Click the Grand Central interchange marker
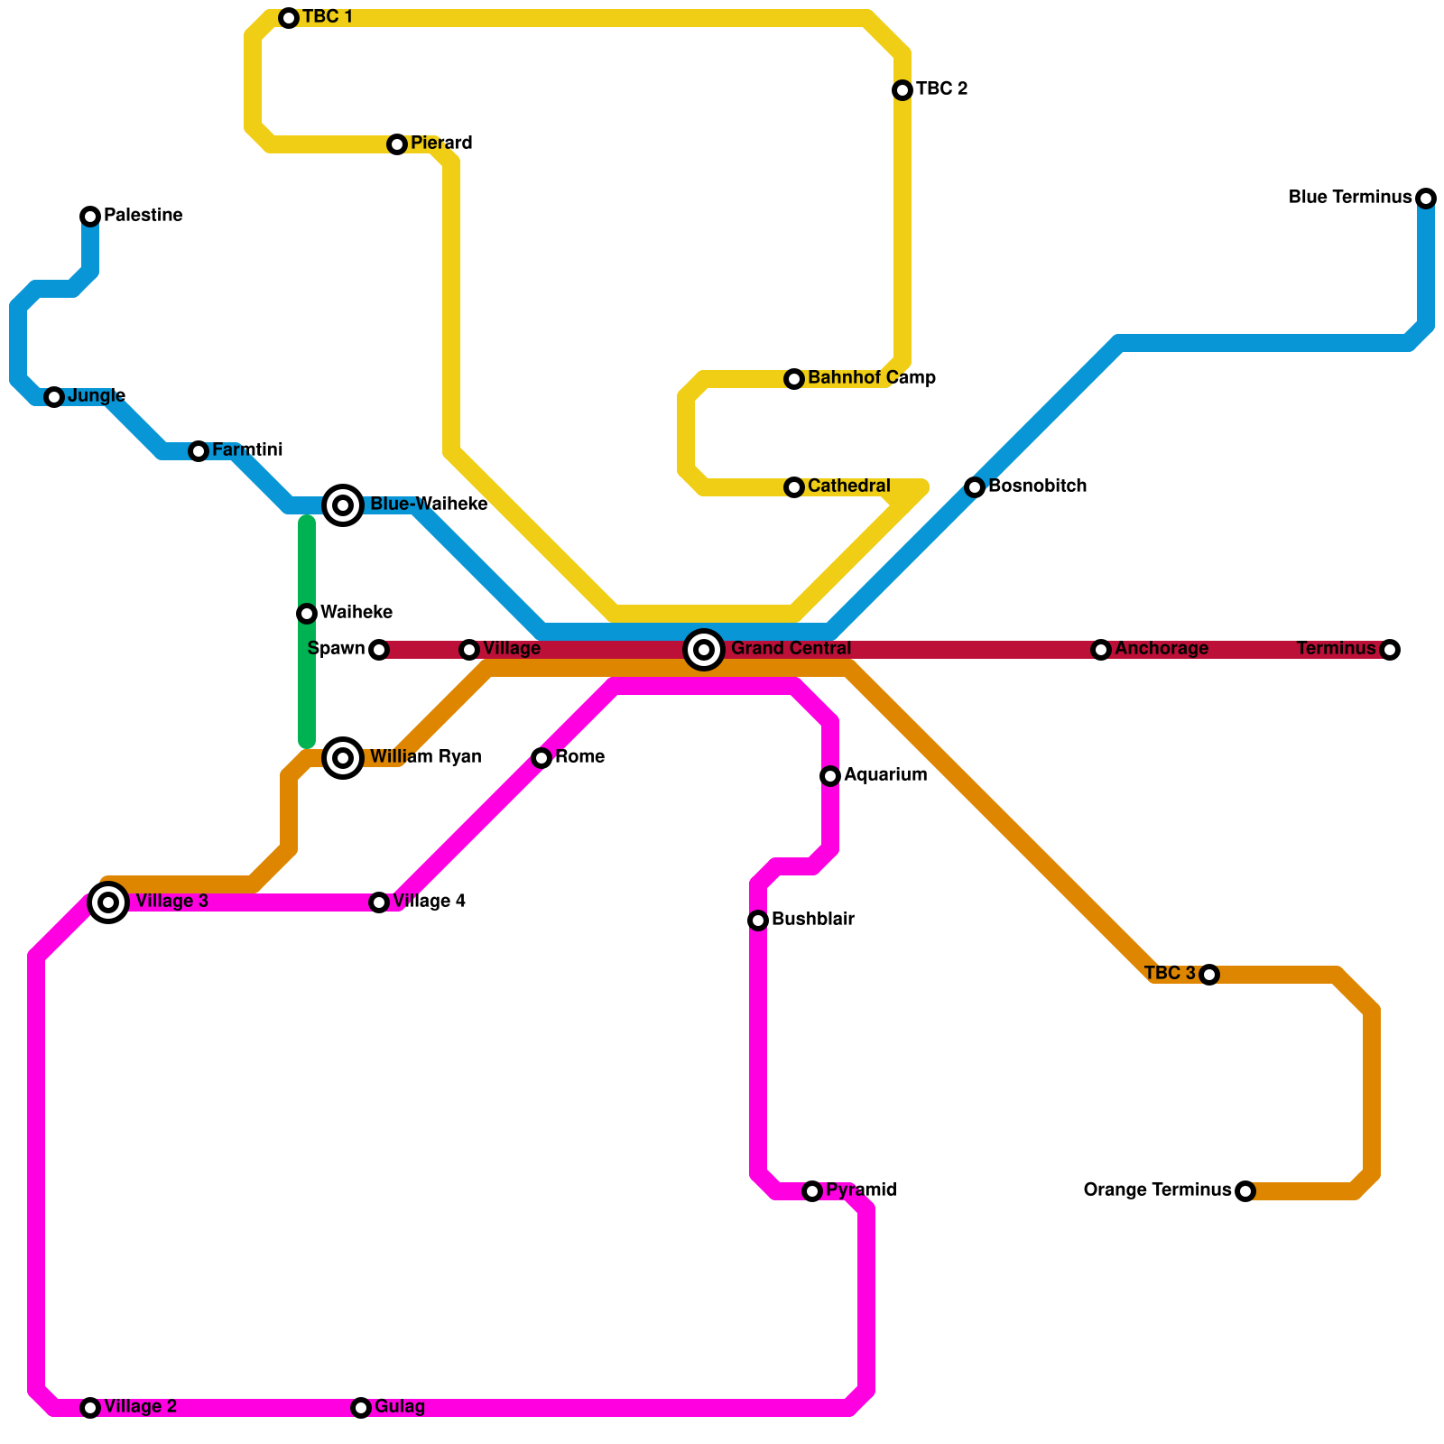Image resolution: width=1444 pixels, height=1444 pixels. coord(704,650)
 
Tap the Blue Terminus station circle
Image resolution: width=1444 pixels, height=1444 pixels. coord(1426,199)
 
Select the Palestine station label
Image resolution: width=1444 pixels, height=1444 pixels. coord(143,216)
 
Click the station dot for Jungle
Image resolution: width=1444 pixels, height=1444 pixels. coord(54,397)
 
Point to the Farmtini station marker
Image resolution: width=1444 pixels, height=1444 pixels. coord(199,451)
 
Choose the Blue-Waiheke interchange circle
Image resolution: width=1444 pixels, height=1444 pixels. coord(343,505)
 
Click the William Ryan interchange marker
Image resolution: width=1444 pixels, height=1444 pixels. coord(343,758)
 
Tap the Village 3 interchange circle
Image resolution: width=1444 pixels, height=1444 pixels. coord(108,902)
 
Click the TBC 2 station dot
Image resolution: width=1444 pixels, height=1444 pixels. coord(902,90)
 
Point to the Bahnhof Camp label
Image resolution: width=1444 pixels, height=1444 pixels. coord(871,378)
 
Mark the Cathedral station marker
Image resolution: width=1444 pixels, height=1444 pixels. coord(794,487)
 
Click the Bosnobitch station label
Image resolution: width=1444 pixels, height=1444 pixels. coord(1037,486)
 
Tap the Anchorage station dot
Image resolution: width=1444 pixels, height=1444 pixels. coord(1101,650)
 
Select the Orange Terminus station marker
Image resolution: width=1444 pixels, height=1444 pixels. coord(1245,1191)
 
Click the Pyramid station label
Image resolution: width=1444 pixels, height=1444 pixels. coord(860,1190)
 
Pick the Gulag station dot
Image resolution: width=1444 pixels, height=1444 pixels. coord(361,1408)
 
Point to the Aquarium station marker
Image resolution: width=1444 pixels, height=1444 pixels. coord(830,776)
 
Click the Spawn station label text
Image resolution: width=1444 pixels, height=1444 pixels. coord(336,649)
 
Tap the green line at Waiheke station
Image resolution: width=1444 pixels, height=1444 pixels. coord(307,614)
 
